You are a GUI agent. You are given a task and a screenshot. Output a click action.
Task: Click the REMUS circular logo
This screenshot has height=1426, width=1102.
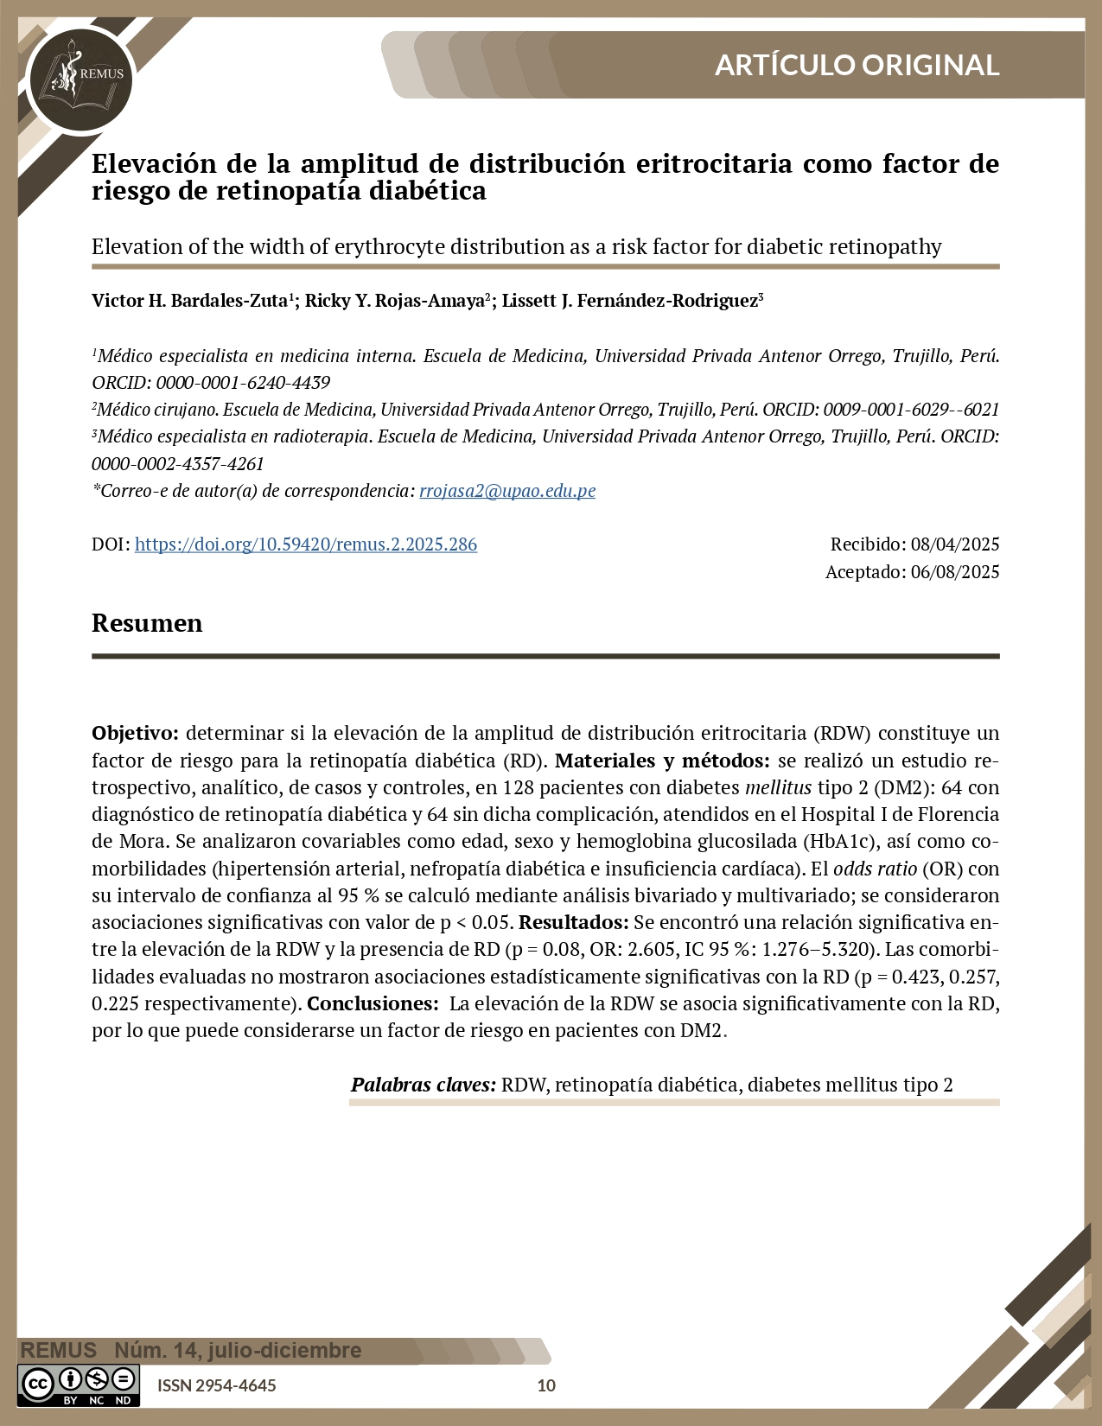coord(80,80)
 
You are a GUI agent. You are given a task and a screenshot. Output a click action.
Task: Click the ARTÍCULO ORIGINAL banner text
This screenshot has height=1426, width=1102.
coord(857,65)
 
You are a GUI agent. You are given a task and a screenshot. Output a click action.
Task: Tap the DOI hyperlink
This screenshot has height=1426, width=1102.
coord(306,544)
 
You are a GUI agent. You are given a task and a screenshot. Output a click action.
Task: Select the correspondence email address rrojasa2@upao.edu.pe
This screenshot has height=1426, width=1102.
coord(507,491)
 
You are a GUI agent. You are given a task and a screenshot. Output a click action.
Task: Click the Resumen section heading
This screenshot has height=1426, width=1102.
coord(147,623)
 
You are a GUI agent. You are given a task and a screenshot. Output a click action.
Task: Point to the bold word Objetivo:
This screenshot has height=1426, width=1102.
coord(135,733)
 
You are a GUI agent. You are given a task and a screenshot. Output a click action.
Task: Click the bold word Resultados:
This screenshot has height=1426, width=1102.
coord(573,922)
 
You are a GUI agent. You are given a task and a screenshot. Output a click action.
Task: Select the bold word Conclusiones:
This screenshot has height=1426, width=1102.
coord(373,1003)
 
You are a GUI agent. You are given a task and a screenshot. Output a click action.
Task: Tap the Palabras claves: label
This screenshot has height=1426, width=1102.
coord(423,1085)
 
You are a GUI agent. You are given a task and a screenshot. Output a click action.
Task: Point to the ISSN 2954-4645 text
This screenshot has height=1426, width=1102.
coord(217,1385)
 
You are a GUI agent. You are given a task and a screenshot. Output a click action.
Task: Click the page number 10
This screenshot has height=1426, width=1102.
coord(546,1385)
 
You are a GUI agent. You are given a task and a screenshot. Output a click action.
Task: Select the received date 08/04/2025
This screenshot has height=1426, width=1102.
coord(955,544)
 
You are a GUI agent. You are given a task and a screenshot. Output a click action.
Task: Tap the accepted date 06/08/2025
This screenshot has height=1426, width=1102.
coord(955,572)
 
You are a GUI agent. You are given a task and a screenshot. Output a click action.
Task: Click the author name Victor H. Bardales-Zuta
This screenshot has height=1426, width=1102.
coord(189,301)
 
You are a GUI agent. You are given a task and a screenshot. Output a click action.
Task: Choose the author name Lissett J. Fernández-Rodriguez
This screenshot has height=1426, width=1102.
coord(629,301)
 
